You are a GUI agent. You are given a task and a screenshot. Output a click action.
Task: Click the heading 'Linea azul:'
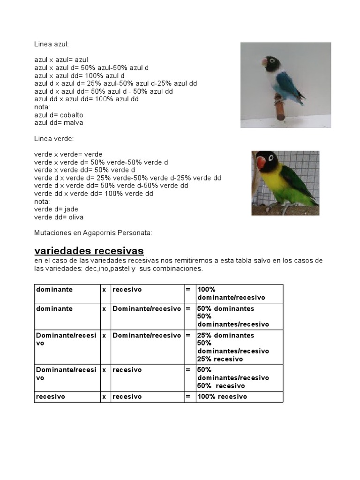click(51, 44)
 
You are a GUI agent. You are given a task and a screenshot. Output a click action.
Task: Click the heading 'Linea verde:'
click(53, 139)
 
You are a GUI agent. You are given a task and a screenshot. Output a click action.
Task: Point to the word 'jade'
click(73, 210)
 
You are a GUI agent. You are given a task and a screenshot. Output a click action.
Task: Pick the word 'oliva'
click(75, 217)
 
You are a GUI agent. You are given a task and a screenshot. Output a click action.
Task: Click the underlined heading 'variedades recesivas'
click(89, 250)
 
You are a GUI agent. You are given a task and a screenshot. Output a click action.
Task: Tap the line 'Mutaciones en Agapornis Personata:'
click(93, 233)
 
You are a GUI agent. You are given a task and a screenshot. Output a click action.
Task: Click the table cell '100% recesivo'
click(222, 397)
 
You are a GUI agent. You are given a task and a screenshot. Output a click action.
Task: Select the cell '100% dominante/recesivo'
click(231, 293)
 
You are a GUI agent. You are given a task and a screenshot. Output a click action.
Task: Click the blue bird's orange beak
click(265, 60)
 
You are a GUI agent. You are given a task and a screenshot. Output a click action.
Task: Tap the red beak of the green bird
click(261, 163)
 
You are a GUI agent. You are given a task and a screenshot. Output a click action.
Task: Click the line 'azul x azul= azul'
click(61, 60)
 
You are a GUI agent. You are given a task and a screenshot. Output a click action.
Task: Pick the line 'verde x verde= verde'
click(68, 154)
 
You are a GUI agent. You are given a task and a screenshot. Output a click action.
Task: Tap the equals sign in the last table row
click(188, 397)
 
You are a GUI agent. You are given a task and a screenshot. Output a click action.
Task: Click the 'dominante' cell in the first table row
click(54, 290)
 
